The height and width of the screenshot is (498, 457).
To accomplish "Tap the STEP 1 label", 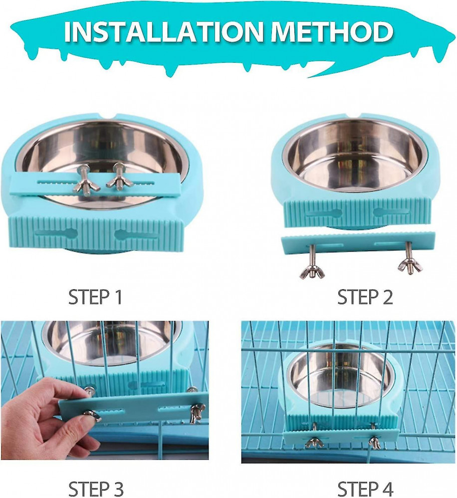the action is pos(95,297).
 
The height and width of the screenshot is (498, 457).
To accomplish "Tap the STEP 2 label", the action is pos(365,297).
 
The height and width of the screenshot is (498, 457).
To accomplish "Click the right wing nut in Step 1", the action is pos(114,183).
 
